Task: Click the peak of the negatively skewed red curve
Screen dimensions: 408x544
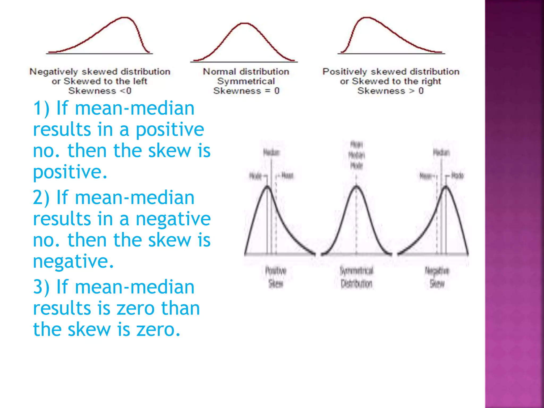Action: click(x=124, y=18)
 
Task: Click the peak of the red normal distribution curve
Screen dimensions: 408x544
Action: click(x=244, y=24)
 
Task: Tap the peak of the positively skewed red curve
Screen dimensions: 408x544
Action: click(x=367, y=18)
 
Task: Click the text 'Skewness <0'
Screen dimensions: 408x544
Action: click(x=100, y=91)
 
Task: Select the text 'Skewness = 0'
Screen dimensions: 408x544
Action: click(x=246, y=91)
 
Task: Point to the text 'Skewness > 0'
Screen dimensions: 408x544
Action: click(x=390, y=91)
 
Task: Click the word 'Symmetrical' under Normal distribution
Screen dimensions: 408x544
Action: click(x=246, y=81)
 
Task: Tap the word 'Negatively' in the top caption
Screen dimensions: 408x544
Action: click(x=54, y=71)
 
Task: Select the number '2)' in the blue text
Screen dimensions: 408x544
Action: click(x=41, y=198)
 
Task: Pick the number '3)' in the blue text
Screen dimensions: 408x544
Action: click(x=41, y=287)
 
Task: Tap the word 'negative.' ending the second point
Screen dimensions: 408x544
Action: click(x=73, y=261)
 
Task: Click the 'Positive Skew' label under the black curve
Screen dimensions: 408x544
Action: click(x=276, y=277)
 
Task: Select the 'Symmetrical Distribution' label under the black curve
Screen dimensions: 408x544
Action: click(x=356, y=277)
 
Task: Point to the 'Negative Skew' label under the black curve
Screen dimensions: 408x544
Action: click(x=437, y=277)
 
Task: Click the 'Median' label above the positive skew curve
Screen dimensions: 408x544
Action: click(x=271, y=152)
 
